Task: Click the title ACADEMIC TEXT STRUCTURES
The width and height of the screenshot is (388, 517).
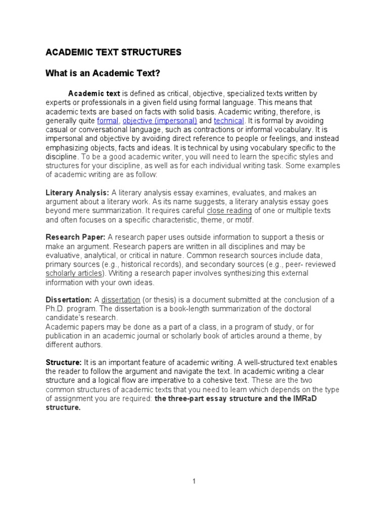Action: (113, 52)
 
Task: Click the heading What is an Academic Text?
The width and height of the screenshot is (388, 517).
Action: (103, 74)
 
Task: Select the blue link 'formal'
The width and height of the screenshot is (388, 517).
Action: (107, 121)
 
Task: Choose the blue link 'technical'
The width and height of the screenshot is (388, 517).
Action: (229, 121)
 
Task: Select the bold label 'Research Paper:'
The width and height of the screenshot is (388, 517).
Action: (76, 237)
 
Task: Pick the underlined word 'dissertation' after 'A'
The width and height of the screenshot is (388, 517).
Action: (121, 300)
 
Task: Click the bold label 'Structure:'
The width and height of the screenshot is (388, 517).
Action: (64, 363)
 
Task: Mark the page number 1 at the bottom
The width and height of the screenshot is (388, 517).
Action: (193, 482)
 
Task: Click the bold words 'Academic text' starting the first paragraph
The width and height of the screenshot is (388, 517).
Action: (94, 93)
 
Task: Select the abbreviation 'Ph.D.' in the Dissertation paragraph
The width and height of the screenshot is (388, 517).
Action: (55, 309)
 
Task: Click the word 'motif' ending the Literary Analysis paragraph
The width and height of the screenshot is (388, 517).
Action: (243, 220)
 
